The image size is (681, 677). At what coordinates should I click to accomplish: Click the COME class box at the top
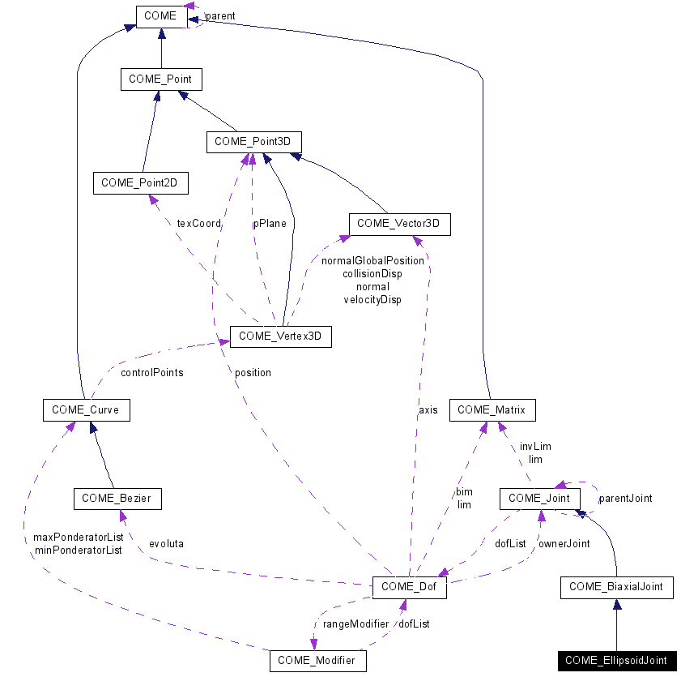point(162,15)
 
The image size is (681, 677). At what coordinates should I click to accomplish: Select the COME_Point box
point(160,79)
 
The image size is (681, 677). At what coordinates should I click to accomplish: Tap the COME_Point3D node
point(253,142)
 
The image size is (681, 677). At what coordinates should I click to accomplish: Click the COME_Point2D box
point(140,183)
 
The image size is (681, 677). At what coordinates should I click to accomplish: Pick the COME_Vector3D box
point(399,223)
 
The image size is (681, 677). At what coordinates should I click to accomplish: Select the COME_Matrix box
point(492,410)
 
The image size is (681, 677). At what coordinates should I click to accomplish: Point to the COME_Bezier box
point(117,499)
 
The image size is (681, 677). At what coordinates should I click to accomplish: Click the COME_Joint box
point(539,499)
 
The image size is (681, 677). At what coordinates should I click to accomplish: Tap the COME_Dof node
point(409,587)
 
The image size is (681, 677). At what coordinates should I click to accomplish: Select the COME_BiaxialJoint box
point(616,587)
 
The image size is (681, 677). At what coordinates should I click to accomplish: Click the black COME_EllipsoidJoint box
point(616,661)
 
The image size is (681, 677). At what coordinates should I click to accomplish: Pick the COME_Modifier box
point(317,661)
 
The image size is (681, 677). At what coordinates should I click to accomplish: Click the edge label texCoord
point(198,224)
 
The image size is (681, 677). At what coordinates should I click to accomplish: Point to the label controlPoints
point(151,373)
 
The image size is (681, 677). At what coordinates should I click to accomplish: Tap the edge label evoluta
point(166,543)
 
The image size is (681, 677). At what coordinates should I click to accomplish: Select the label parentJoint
point(625,498)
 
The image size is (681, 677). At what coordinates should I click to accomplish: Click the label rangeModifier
point(355,623)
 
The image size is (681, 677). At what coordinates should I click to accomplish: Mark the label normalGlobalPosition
point(372,261)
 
